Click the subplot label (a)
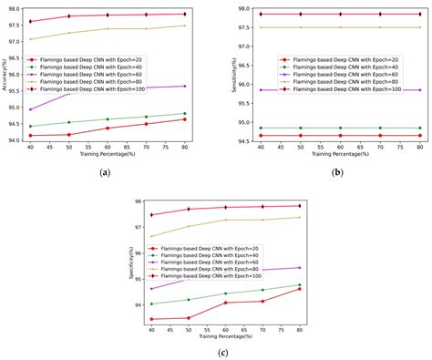[x=107, y=171]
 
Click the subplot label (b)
[x=337, y=171]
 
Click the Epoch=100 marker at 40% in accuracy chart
[x=31, y=21]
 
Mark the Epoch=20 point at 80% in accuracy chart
[x=184, y=119]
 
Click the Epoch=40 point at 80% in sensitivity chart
[x=419, y=128]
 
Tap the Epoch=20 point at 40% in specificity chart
[x=150, y=319]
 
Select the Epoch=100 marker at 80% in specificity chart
[x=300, y=205]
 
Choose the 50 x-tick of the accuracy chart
[x=69, y=149]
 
